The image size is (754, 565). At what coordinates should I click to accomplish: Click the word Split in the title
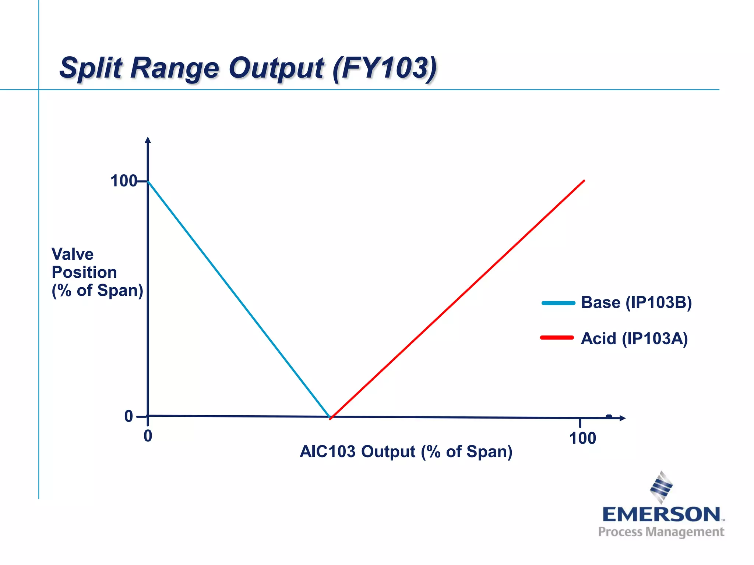pyautogui.click(x=91, y=68)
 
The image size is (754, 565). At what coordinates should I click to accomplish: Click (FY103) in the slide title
pyautogui.click(x=384, y=68)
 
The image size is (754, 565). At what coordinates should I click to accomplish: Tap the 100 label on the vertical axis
pyautogui.click(x=123, y=181)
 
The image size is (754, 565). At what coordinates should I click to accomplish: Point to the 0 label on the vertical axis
pyautogui.click(x=128, y=416)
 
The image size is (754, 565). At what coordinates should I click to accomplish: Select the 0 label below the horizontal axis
pyautogui.click(x=148, y=436)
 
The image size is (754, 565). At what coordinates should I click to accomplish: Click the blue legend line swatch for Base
pyautogui.click(x=558, y=303)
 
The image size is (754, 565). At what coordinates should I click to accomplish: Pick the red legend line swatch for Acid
pyautogui.click(x=557, y=338)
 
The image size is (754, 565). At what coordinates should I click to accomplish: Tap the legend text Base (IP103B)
pyautogui.click(x=636, y=303)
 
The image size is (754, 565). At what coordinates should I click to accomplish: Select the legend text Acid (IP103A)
pyautogui.click(x=634, y=338)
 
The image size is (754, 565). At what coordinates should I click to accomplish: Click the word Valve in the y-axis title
pyautogui.click(x=73, y=254)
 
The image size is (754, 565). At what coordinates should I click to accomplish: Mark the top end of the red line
pyautogui.click(x=584, y=181)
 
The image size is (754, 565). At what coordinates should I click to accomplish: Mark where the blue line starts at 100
pyautogui.click(x=148, y=181)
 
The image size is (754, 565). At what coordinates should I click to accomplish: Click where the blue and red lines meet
pyautogui.click(x=330, y=417)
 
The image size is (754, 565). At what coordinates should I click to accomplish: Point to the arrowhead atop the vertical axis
pyautogui.click(x=148, y=140)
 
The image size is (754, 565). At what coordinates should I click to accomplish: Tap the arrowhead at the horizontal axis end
pyautogui.click(x=623, y=418)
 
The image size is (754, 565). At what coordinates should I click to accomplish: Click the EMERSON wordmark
pyautogui.click(x=661, y=514)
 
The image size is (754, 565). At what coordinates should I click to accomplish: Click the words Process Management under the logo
pyautogui.click(x=661, y=532)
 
